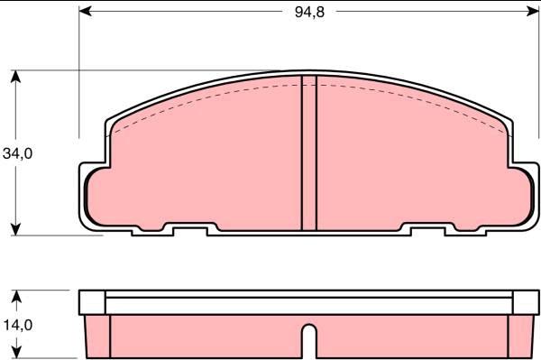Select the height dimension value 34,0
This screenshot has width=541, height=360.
tap(17, 154)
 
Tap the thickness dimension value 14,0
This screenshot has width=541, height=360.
tap(17, 324)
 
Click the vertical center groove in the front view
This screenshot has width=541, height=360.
tap(308, 153)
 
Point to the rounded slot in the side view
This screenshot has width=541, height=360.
tap(308, 343)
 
